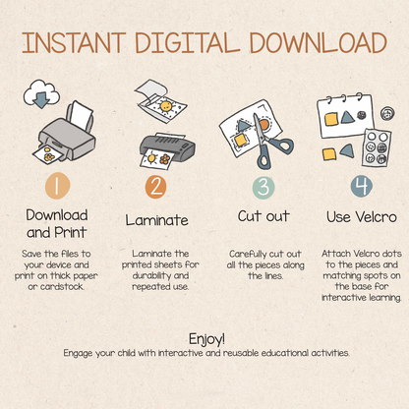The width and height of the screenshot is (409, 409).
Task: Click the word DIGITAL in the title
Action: point(187,43)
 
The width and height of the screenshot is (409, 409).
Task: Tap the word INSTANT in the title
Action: point(74,43)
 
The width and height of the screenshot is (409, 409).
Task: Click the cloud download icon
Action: point(41,94)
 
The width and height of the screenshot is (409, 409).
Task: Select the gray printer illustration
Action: point(66,134)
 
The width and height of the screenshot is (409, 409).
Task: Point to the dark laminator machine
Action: point(167,150)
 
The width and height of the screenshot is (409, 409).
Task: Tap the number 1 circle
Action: point(57,186)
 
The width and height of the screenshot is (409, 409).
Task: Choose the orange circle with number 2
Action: point(156,187)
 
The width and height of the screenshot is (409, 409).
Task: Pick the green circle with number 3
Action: point(263,188)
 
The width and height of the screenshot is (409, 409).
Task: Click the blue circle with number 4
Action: point(362,186)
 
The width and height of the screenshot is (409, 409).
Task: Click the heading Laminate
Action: point(157,220)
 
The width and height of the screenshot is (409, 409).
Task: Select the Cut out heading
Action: point(263,216)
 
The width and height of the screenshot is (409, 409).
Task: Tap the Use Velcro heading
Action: point(362,217)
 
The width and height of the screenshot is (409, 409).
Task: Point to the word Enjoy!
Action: point(207,339)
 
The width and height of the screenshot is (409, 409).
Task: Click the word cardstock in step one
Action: point(62,287)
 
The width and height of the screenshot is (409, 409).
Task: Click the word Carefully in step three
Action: point(248,255)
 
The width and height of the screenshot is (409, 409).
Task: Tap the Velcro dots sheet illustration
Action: point(377,147)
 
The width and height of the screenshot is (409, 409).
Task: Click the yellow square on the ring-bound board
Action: point(331,119)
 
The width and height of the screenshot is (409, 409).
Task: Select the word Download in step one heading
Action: point(57,215)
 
